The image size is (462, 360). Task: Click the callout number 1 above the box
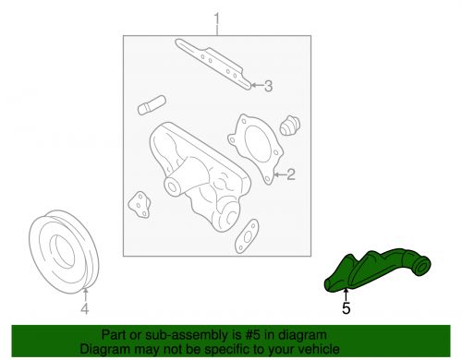[218, 18]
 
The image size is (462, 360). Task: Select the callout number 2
[289, 173]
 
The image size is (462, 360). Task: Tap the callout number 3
[268, 88]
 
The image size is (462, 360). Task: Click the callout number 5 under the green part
[346, 309]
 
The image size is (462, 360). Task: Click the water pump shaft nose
[173, 186]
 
